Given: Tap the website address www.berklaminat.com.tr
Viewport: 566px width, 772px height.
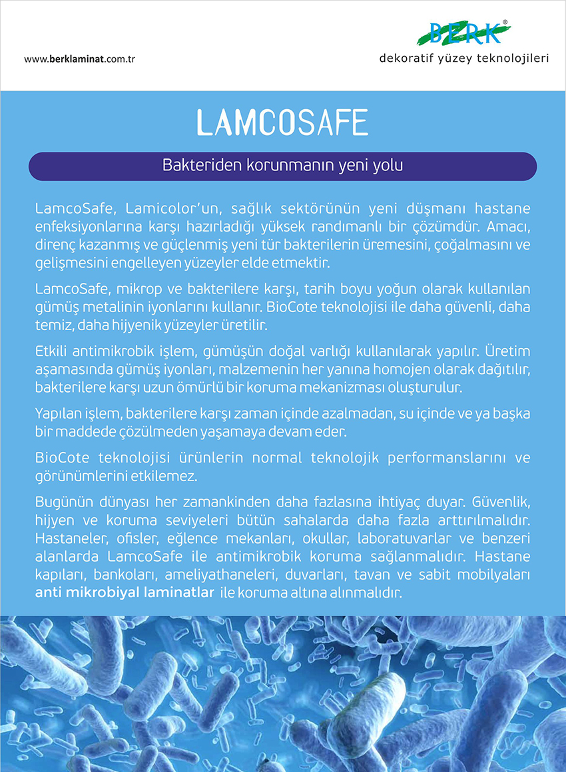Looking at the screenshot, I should (x=80, y=59).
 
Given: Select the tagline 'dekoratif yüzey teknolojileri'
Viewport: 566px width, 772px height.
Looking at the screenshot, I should (x=464, y=59).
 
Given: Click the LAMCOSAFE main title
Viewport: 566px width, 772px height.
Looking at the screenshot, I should (x=282, y=122).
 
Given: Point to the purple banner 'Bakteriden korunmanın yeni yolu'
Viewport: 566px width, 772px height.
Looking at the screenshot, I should (x=282, y=165).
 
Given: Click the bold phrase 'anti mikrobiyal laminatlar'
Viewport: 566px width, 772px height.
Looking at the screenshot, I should (x=124, y=592).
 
